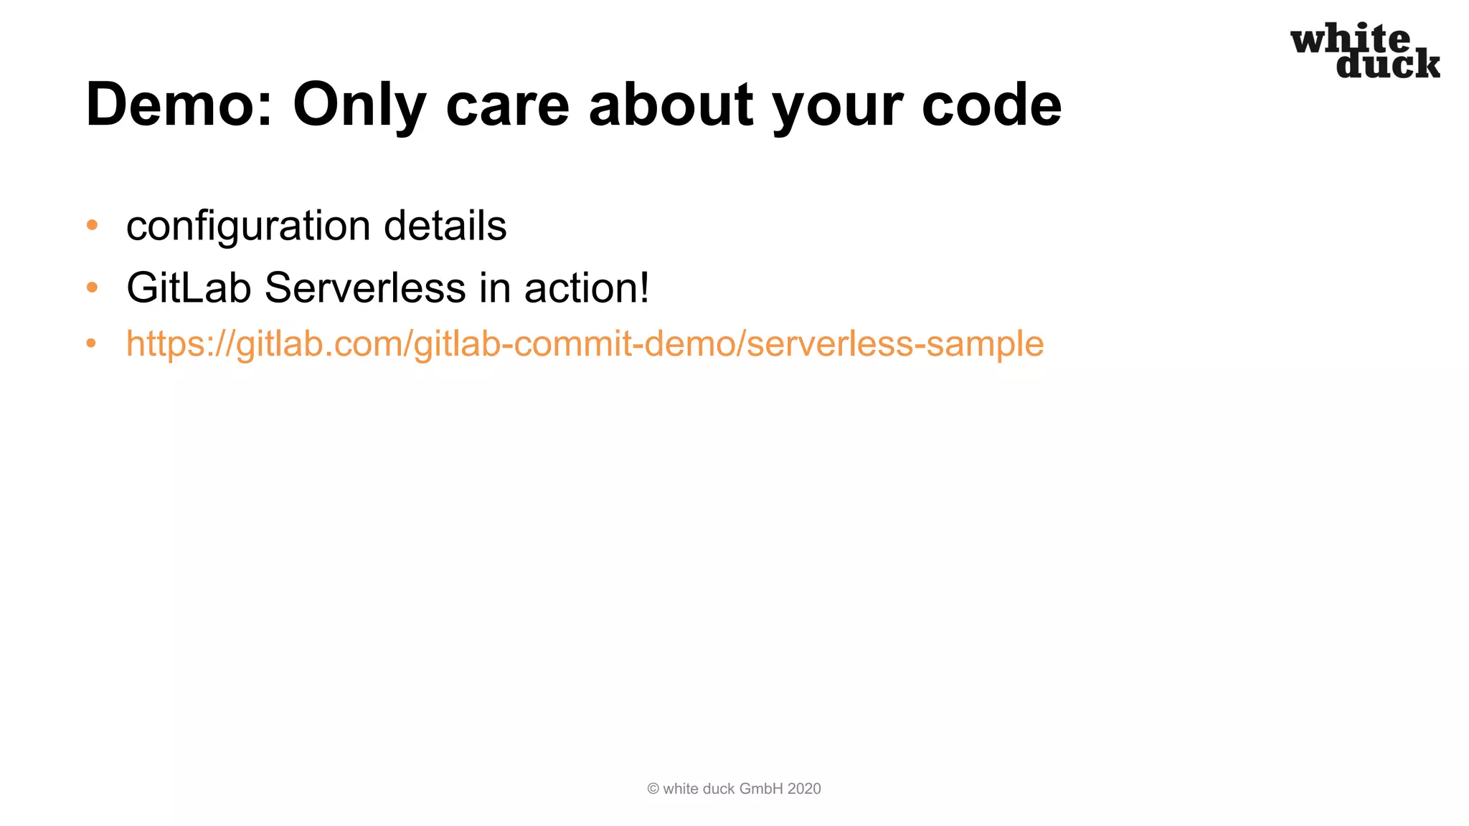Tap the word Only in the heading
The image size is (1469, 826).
(359, 105)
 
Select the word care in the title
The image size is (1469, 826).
(507, 105)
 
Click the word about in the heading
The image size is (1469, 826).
(671, 105)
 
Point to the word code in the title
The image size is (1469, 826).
(991, 105)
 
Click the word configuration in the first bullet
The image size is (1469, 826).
(248, 226)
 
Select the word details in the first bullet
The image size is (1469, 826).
(445, 226)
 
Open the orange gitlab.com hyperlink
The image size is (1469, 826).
(585, 343)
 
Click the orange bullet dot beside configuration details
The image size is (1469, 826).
(92, 225)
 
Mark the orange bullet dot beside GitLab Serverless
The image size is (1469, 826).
(92, 288)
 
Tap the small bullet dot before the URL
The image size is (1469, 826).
(91, 343)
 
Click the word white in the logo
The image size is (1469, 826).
(1350, 39)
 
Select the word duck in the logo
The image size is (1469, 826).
(1387, 65)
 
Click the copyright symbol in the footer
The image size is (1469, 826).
(653, 789)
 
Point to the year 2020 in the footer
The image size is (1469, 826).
(804, 789)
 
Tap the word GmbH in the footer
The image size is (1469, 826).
(761, 789)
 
